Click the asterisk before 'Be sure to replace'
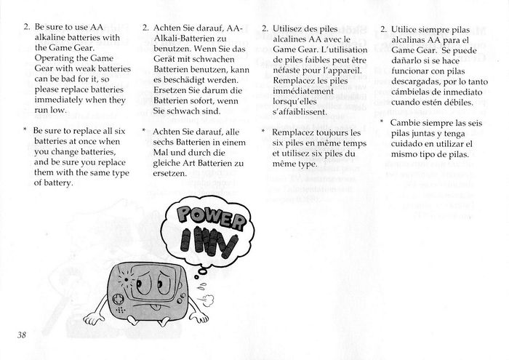[x=25, y=131]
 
